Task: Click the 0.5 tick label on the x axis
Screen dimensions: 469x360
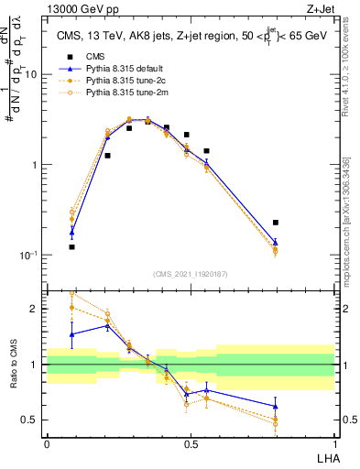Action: [191, 443]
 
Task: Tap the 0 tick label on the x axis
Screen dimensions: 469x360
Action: [47, 443]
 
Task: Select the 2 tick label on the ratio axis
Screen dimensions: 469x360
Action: [36, 309]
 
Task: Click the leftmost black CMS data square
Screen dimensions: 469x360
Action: [71, 246]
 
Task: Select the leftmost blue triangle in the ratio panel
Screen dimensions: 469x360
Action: [71, 334]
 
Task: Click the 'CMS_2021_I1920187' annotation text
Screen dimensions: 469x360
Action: [191, 274]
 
